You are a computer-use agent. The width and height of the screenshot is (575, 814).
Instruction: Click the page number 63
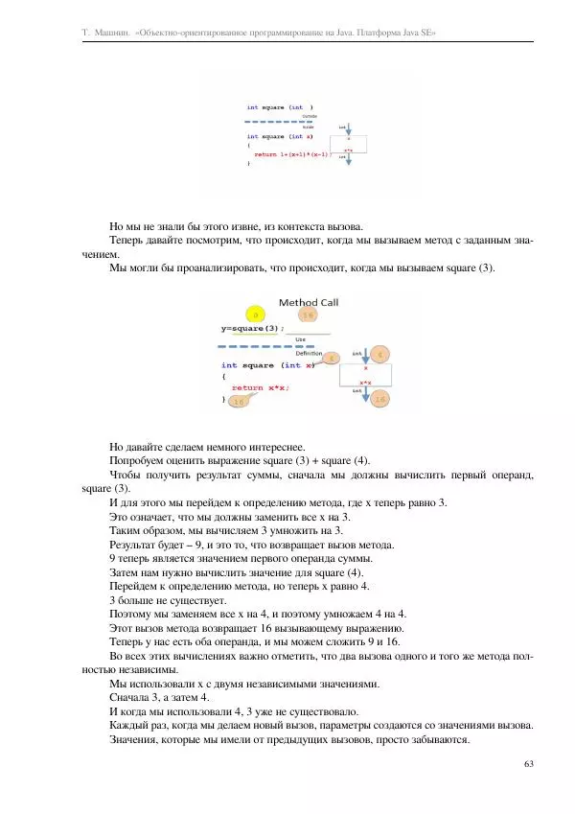[x=529, y=763]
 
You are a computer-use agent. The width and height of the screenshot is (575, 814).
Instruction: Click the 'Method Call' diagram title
[x=309, y=302]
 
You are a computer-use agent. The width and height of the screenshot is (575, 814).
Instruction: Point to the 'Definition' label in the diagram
[x=309, y=353]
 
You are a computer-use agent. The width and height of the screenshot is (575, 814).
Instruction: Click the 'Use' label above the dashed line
[x=300, y=339]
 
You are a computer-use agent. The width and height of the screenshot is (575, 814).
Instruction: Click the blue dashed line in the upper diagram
[x=278, y=123]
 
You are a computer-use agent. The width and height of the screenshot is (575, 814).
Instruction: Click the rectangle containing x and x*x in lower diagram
[x=365, y=374]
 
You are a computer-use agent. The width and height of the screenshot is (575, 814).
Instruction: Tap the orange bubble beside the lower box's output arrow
[x=380, y=399]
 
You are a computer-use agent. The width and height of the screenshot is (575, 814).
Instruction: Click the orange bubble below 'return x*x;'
[x=239, y=402]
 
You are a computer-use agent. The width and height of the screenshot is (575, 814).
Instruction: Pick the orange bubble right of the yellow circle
[x=306, y=314]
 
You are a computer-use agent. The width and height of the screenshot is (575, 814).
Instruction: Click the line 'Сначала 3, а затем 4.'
[x=162, y=699]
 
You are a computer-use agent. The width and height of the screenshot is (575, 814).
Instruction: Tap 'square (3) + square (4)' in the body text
[x=322, y=460]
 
